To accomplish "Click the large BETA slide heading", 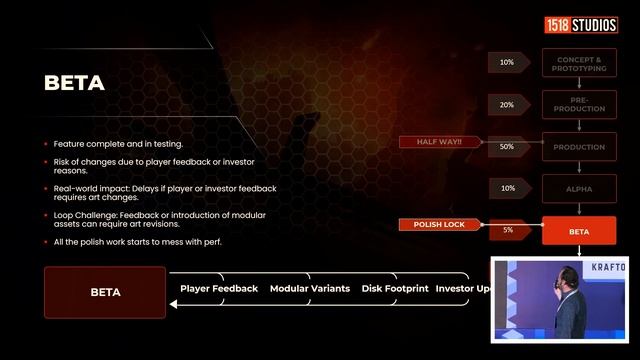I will pos(75,83).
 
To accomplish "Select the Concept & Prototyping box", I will pos(579,62).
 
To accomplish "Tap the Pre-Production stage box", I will pos(579,104).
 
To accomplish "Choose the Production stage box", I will pos(579,146).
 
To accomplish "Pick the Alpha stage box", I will pos(579,188).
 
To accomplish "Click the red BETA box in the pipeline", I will pos(579,230).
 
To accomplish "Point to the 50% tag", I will pos(507,146).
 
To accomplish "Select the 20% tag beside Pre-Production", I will pos(507,104).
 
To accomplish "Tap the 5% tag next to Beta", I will pos(507,230).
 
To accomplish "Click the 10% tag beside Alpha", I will pos(507,188).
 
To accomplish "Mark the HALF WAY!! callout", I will pos(439,142).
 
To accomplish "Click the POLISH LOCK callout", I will pos(439,225).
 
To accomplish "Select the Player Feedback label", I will pos(219,289).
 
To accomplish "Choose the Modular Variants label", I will pos(310,289).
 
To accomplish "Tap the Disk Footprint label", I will pos(395,289).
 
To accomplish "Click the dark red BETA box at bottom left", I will pos(105,293).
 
